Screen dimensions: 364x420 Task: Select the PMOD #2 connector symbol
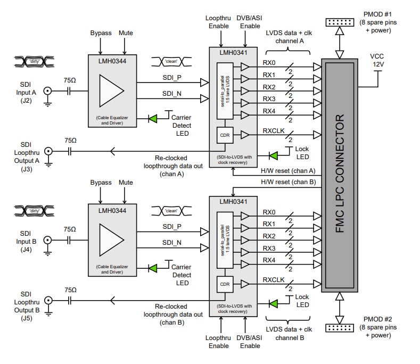342,329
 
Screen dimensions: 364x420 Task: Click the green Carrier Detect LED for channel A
153,118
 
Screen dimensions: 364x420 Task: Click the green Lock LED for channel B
274,304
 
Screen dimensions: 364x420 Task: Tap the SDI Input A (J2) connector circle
48,91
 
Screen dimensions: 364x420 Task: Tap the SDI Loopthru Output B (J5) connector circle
48,301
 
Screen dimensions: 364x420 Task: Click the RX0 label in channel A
269,62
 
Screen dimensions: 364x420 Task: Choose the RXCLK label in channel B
274,279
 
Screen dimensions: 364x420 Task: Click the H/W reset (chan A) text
287,170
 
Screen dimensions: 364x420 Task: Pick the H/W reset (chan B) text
287,181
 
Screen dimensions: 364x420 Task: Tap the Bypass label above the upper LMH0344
101,33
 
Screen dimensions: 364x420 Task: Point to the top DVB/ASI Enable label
250,22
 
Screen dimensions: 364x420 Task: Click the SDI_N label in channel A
171,94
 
